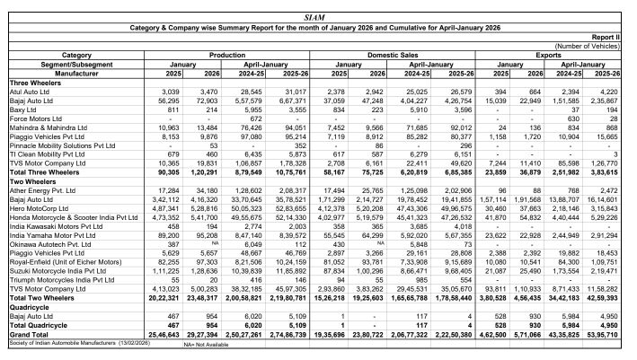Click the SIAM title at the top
pyautogui.click(x=319, y=17)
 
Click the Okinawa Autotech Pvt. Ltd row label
pyautogui.click(x=49, y=244)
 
